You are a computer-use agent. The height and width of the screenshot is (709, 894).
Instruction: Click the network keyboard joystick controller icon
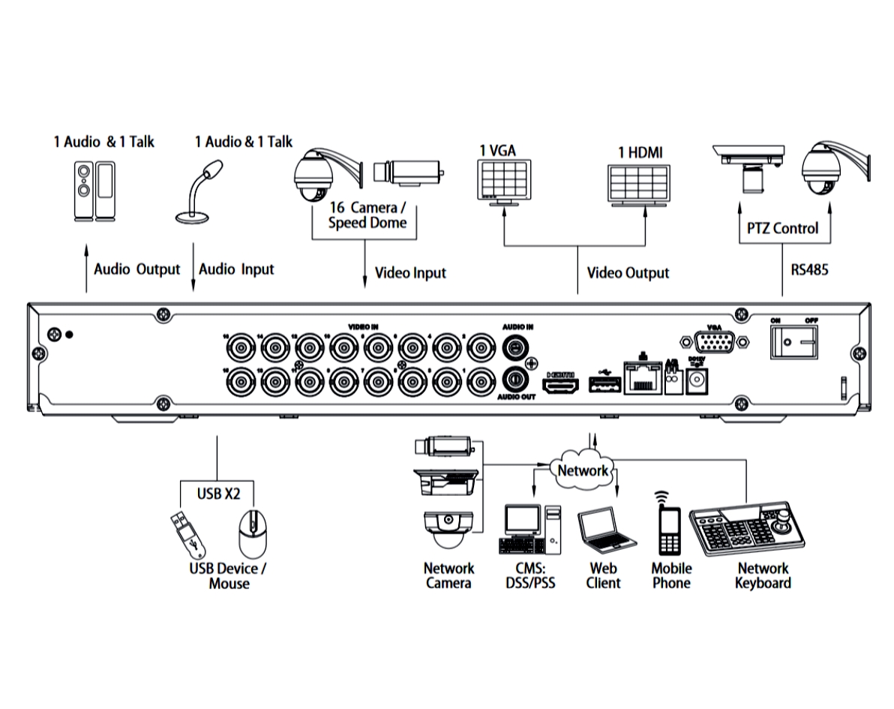(747, 531)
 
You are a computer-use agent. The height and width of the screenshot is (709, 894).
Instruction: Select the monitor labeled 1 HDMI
(639, 183)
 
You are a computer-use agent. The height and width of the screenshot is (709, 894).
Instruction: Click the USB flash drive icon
(185, 534)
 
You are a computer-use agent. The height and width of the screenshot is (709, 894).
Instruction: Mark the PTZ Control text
(784, 228)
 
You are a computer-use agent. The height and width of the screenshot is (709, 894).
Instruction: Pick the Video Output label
(628, 272)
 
